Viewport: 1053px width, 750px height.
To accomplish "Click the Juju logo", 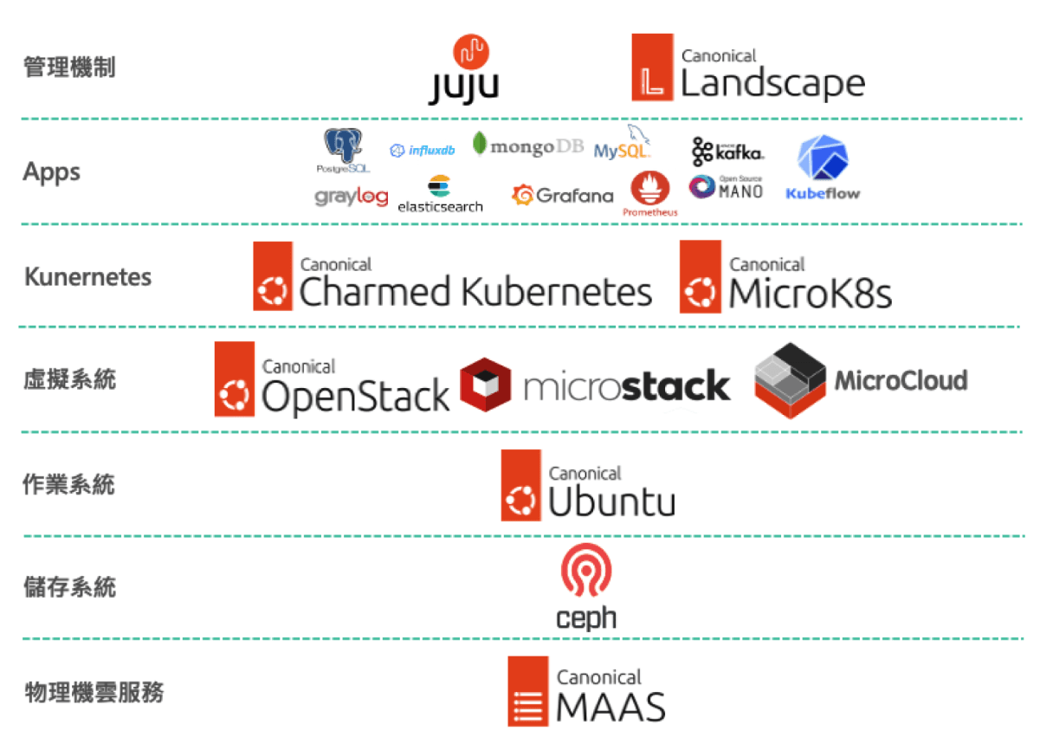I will tap(464, 69).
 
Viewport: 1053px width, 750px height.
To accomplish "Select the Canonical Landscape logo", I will tap(748, 69).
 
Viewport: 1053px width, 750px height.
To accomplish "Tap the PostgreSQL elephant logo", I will tap(343, 149).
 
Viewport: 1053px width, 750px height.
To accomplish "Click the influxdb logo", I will tap(423, 151).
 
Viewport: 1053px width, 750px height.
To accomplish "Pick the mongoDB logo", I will tap(528, 145).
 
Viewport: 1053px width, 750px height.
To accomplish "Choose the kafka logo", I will tap(727, 152).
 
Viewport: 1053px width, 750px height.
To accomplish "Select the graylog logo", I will tap(351, 197).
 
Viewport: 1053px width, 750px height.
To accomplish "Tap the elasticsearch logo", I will tap(440, 195).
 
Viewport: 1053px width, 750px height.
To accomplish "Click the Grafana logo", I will tap(563, 196).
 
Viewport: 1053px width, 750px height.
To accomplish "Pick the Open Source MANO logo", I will tap(726, 187).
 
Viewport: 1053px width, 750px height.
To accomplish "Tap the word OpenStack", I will tap(356, 397).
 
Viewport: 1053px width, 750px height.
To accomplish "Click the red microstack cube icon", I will tap(486, 384).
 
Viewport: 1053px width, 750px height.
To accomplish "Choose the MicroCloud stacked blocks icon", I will tap(790, 380).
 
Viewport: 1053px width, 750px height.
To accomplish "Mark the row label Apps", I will tap(52, 172).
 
